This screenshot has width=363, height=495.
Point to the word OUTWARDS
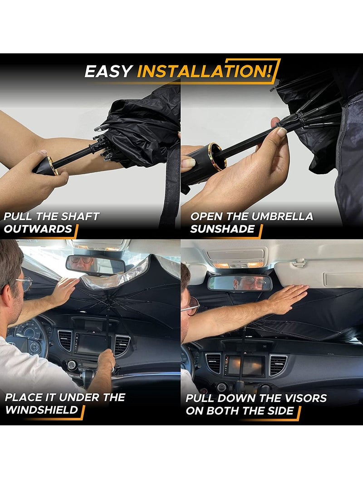(38, 229)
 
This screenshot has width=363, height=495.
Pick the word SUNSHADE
(222, 229)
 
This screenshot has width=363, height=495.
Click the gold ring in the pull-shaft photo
(51, 166)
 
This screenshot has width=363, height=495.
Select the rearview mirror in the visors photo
(240, 283)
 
